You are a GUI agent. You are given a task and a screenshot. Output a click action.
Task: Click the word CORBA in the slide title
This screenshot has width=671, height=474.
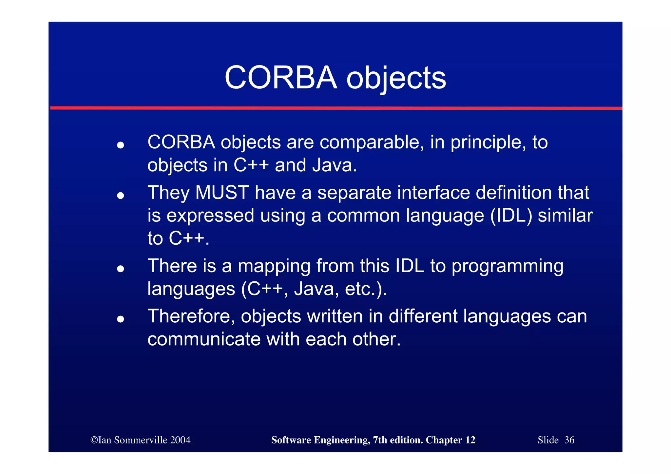281,78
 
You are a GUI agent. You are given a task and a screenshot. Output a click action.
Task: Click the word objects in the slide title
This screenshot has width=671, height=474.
396,79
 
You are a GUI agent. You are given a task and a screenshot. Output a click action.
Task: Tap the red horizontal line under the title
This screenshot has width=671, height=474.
335,108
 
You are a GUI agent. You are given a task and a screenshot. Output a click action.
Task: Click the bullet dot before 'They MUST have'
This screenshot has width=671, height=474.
121,196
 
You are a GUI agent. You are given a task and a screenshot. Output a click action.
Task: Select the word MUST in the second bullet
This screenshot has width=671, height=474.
222,193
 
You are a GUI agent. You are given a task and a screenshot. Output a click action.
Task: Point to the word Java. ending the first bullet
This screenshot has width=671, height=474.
334,165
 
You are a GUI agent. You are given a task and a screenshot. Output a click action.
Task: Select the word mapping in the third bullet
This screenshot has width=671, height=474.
274,266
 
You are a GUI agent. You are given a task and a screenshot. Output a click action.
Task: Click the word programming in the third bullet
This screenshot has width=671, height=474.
507,266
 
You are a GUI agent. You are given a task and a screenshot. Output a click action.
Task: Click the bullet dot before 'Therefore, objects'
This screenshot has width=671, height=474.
121,319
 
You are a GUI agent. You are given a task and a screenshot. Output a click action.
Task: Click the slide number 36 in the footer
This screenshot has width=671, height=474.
569,440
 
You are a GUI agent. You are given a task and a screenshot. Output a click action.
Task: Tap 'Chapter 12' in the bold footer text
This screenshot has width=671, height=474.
450,440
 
